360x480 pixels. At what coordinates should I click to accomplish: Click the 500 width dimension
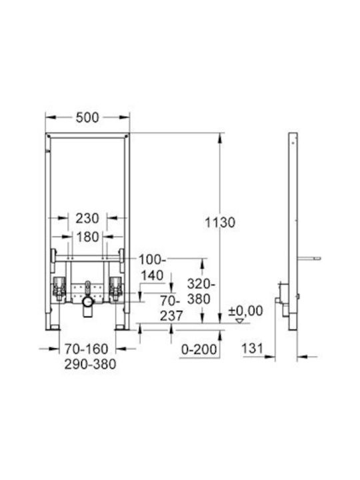click(87, 117)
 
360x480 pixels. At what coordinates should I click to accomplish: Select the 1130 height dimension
click(220, 223)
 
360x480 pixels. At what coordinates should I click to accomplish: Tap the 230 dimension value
click(87, 218)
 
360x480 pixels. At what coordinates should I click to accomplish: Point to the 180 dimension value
click(87, 237)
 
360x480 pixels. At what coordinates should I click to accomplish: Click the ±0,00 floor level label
click(245, 311)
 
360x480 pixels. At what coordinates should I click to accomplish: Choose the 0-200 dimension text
click(199, 349)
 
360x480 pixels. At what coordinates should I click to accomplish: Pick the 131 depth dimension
click(252, 349)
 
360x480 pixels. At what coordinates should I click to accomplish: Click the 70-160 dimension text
click(86, 349)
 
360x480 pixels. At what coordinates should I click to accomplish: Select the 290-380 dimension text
click(90, 364)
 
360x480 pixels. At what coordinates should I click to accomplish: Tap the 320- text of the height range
click(201, 284)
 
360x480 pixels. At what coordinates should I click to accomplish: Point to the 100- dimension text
click(152, 260)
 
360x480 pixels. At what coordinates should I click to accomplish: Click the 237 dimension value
click(171, 315)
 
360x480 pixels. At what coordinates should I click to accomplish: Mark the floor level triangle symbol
click(240, 321)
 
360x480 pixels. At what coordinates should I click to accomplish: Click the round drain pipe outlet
click(88, 301)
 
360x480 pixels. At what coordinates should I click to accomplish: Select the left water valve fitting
click(59, 289)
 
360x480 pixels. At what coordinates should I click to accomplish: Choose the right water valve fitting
click(116, 289)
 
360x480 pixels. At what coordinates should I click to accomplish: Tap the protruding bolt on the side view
click(309, 259)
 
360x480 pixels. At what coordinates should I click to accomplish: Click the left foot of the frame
click(53, 327)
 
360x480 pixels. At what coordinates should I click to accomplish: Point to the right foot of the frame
click(122, 327)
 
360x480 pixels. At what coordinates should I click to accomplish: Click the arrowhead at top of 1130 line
click(220, 138)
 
